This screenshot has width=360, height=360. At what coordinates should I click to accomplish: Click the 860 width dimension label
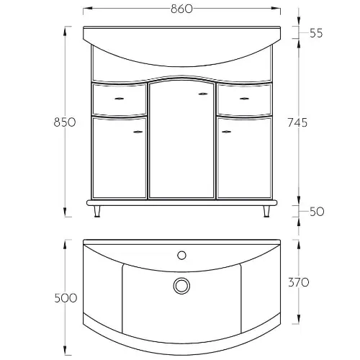coord(181,9)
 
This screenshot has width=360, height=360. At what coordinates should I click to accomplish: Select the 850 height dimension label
coord(65,122)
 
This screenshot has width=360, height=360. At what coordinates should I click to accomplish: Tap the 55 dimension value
coord(316,33)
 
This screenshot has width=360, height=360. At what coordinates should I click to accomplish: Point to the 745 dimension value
coord(297,122)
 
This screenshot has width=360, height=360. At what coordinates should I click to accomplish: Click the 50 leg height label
coord(317,212)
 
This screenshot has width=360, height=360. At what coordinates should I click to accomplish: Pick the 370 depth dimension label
coord(298,282)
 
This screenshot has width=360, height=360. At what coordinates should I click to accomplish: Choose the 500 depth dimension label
coord(66,298)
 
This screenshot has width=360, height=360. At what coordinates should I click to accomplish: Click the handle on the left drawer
coord(119,99)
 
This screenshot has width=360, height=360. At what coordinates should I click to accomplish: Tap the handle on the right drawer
coord(244,99)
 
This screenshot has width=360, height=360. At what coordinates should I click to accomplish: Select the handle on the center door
coord(203,94)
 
